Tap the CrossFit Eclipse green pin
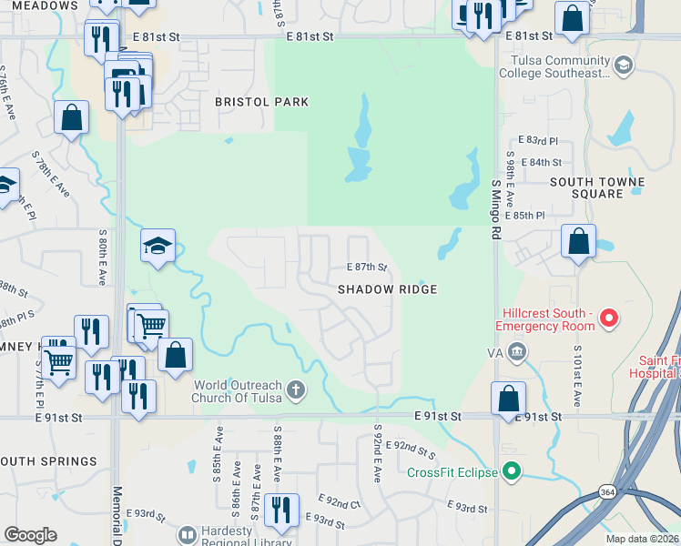[512, 471]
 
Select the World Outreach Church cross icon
[294, 390]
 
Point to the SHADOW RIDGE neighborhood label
[388, 289]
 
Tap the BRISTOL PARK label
[261, 102]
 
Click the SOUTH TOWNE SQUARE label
[596, 187]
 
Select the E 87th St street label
[367, 268]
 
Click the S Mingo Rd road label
[496, 208]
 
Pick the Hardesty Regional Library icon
[188, 534]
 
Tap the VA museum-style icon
[517, 351]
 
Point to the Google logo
[30, 535]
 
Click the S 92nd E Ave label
[377, 450]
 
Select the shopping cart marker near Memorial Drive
[151, 324]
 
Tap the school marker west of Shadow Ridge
[158, 244]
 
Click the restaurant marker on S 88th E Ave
[280, 510]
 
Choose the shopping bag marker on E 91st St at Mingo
[508, 398]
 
